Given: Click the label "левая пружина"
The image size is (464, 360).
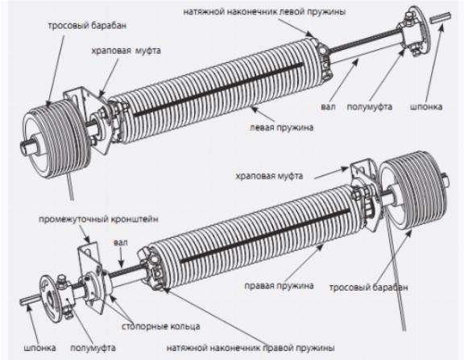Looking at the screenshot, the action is (x=281, y=127).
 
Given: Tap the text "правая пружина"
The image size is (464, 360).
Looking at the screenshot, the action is (x=279, y=285).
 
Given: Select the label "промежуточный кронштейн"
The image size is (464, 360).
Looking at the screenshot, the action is (x=98, y=219).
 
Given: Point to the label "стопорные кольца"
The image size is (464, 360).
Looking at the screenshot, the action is (x=160, y=326).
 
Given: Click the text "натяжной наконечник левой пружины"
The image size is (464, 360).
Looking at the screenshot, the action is (x=264, y=12).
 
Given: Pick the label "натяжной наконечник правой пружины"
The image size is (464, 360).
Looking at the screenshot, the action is (x=251, y=348).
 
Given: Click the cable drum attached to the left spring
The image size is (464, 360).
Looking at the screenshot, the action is (x=57, y=139).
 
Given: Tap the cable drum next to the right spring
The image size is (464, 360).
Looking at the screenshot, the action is (x=414, y=189).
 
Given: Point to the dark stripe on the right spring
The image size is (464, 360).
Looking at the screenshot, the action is (x=266, y=236).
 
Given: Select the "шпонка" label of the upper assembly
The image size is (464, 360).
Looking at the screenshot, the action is (x=426, y=106).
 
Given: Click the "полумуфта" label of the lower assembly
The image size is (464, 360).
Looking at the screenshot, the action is (x=93, y=348).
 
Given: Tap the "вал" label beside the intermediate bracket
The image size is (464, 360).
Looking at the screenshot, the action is (x=121, y=242).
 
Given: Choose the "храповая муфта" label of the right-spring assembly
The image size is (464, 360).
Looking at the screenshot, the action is (x=269, y=176).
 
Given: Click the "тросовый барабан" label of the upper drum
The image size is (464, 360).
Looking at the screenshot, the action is (x=87, y=26).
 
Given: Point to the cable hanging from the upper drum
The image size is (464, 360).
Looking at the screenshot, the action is (x=70, y=186).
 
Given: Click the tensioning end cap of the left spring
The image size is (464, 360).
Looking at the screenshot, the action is (x=321, y=59).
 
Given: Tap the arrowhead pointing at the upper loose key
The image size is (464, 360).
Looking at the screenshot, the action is (x=441, y=27).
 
